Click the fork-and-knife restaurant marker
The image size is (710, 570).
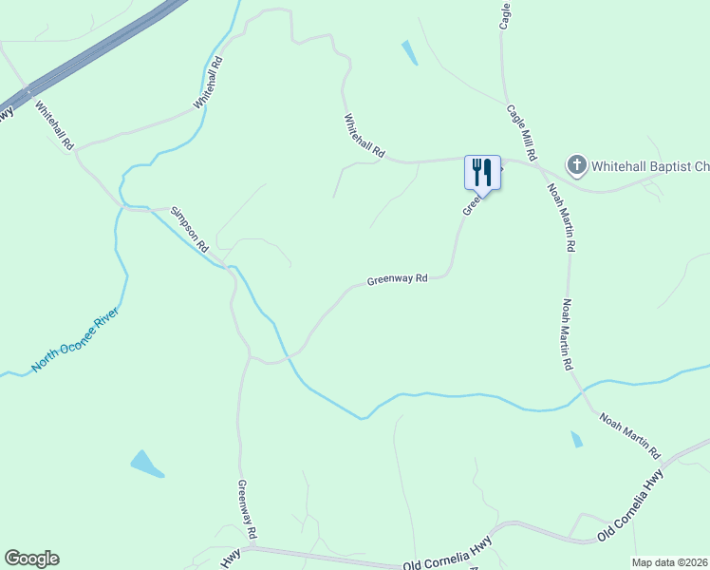pos(481,173)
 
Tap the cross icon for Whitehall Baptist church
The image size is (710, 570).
pos(576,166)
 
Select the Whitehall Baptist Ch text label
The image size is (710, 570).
pos(649,166)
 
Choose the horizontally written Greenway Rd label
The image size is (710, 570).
pos(398,280)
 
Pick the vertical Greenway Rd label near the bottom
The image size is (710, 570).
pos(247,507)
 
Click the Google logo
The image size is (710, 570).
pos(31,559)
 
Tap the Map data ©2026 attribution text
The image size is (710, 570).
pos(670,562)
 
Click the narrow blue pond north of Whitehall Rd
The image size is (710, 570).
pos(409,52)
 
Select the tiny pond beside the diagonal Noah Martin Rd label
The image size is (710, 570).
pos(576,439)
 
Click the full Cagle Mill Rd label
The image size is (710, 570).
pos(523,132)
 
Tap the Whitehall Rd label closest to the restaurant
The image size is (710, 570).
pos(364,136)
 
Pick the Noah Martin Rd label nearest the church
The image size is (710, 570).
pos(561,217)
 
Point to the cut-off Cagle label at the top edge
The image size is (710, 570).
pos(506,15)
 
